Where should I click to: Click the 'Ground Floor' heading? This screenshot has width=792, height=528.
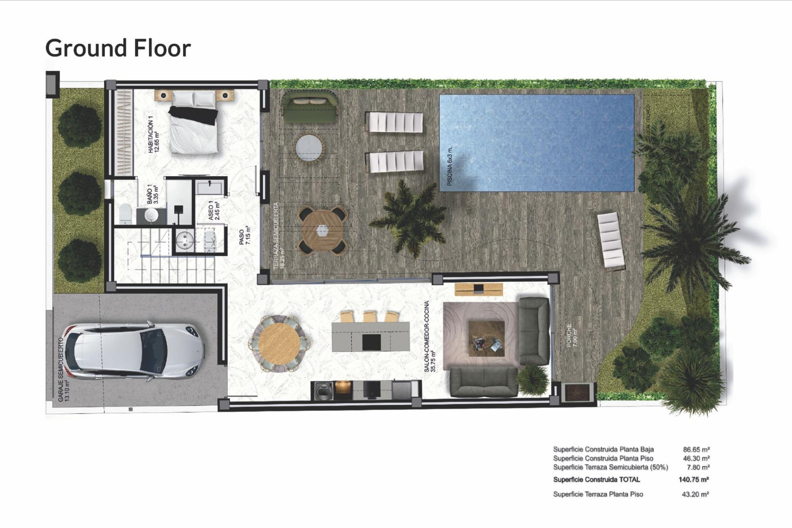point(118,48)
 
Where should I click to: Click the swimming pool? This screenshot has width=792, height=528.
point(536,143)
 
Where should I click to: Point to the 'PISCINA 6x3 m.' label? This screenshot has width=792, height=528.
point(450,166)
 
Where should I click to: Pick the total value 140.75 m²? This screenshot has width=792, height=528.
point(693,479)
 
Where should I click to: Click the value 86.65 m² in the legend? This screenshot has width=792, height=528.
point(696,449)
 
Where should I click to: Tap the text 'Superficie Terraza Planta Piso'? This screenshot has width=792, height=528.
point(598,494)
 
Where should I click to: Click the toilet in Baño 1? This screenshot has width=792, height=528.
point(125,214)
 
